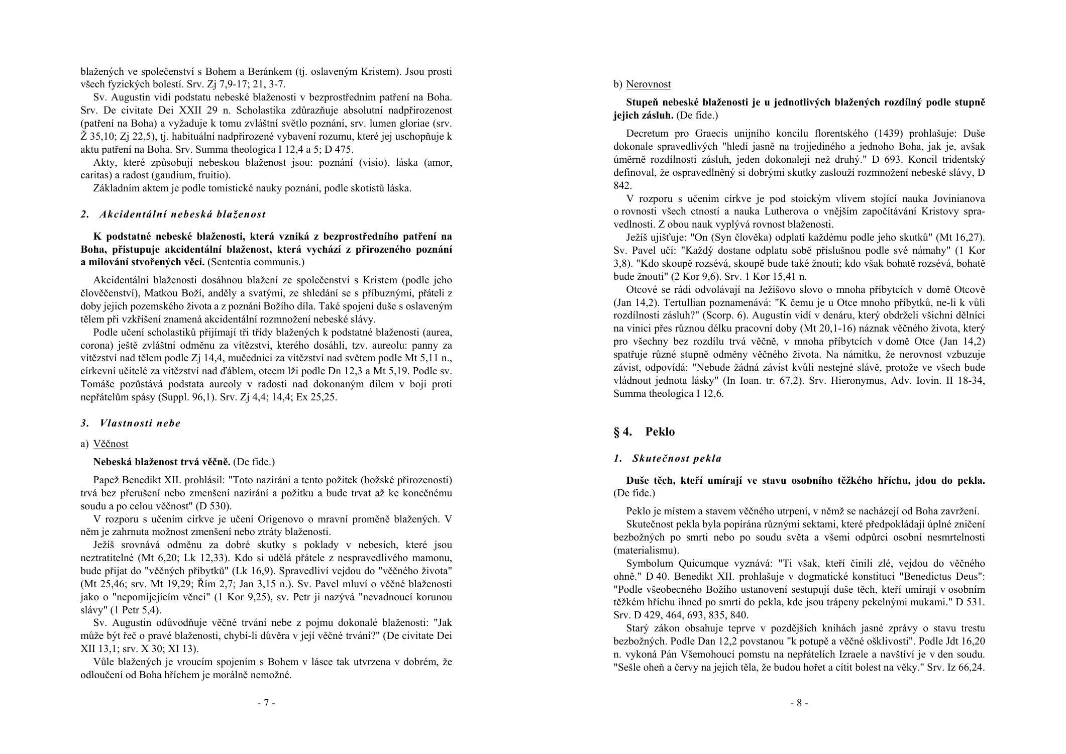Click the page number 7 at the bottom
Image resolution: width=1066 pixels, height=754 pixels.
[266, 703]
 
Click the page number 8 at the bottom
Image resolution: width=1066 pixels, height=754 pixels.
[799, 703]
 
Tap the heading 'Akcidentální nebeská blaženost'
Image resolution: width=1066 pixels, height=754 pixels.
[182, 214]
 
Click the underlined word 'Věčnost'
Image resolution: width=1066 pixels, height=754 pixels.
[111, 444]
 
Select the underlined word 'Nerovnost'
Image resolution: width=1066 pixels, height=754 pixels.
[648, 84]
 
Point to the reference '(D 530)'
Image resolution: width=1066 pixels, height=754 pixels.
[215, 506]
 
